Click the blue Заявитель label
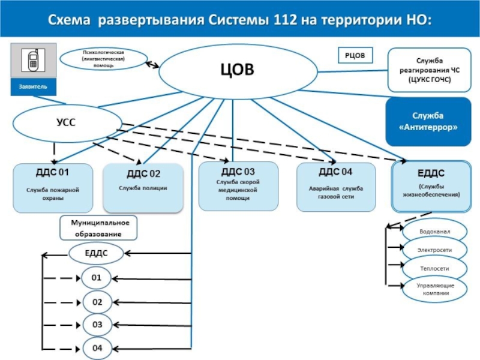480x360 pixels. coord(34,88)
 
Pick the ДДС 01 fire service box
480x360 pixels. coord(53,188)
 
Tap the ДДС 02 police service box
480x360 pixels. coord(143,188)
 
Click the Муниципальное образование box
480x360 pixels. coord(98,227)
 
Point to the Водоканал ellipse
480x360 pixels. coord(434,231)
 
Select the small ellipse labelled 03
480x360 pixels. coord(97,324)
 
